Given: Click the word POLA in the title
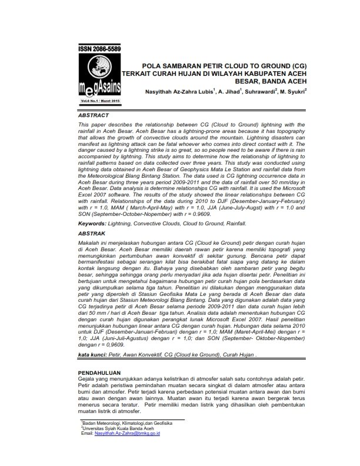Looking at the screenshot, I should (x=154, y=66).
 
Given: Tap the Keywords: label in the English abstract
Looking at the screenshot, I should (x=96, y=224).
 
